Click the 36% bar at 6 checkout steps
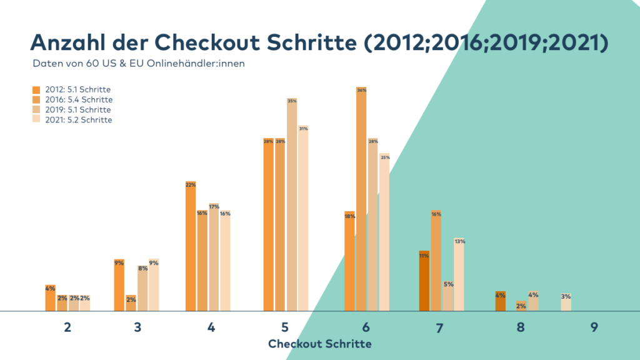(x=361, y=200)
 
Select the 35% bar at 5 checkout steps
(x=292, y=206)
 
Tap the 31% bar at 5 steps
(x=303, y=219)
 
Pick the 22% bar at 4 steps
(x=191, y=247)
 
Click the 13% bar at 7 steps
(x=459, y=275)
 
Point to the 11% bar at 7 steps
(x=424, y=281)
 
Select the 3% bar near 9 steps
(x=566, y=302)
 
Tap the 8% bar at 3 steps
(x=142, y=289)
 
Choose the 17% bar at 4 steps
(x=214, y=257)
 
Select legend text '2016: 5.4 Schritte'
(x=79, y=100)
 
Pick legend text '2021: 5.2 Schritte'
(x=79, y=120)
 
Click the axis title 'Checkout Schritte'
(x=319, y=344)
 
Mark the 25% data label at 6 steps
(x=385, y=157)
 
